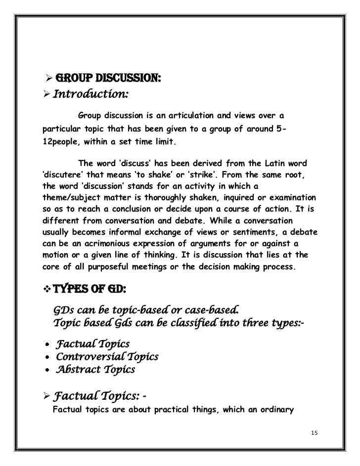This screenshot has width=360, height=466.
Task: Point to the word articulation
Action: click(192, 116)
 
